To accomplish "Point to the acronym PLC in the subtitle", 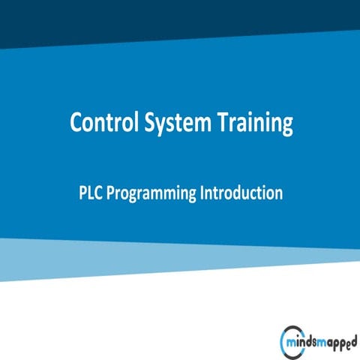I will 90,193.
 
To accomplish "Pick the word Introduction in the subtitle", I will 241,193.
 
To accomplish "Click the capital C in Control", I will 76,123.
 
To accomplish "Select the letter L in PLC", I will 90,193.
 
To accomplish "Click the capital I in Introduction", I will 202,193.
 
